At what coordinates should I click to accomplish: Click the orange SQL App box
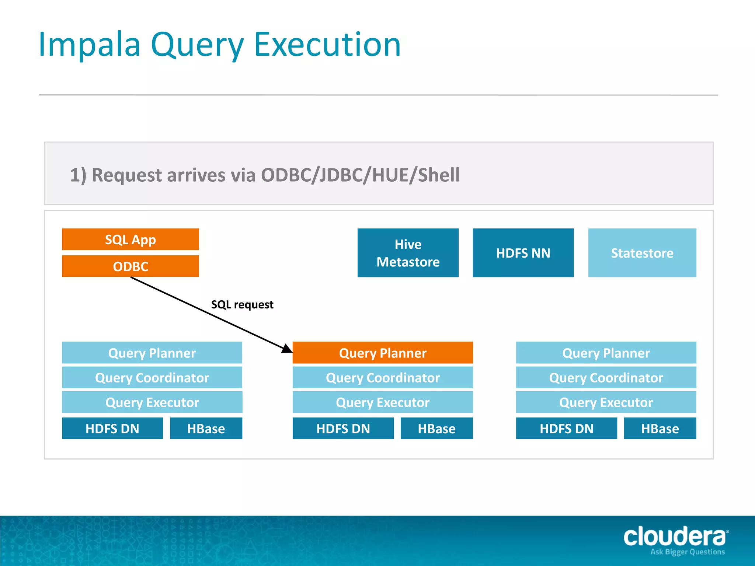tap(131, 240)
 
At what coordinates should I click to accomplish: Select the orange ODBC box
tap(131, 266)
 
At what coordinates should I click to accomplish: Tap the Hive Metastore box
tap(408, 253)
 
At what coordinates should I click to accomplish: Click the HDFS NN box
tap(523, 253)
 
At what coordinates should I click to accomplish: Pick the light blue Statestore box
tap(642, 253)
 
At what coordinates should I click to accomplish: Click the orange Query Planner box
tap(383, 353)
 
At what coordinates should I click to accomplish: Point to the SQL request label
tap(242, 305)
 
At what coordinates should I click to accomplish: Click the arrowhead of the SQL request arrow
tap(287, 348)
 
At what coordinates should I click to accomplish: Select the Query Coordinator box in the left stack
tap(152, 378)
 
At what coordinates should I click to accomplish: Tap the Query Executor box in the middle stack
tap(383, 402)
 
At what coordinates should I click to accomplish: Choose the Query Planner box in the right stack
tap(606, 353)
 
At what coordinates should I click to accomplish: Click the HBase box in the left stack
tap(206, 429)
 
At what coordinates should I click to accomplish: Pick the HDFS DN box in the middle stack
tap(343, 429)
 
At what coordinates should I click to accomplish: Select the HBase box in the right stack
tap(660, 429)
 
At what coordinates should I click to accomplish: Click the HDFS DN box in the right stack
tap(566, 429)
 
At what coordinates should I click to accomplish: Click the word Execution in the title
tap(327, 45)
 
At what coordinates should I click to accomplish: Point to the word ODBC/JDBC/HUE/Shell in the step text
tap(360, 175)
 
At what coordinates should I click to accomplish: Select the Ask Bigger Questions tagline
tap(688, 552)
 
